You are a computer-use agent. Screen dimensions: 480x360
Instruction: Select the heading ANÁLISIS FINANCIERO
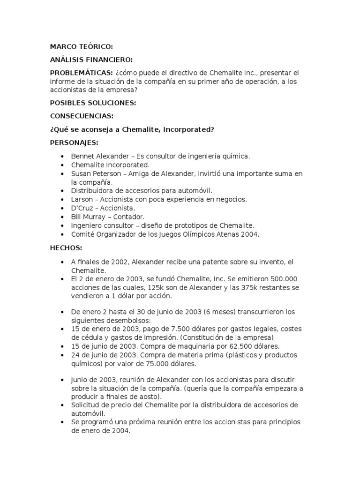pyautogui.click(x=91, y=60)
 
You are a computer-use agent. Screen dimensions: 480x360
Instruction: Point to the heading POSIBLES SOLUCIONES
pyautogui.click(x=93, y=102)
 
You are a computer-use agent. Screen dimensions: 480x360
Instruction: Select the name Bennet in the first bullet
pyautogui.click(x=82, y=156)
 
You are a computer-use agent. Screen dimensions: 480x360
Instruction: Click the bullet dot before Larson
pyautogui.click(x=62, y=199)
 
